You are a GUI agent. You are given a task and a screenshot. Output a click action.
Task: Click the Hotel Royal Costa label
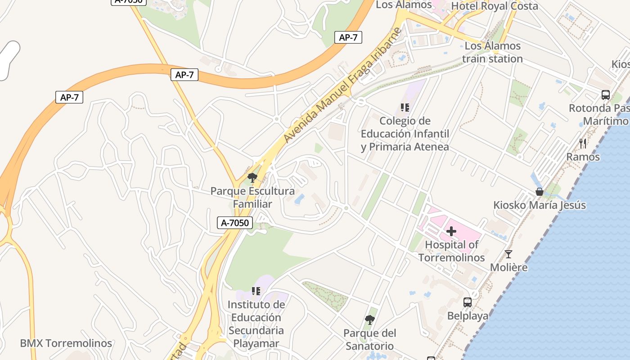click(494, 6)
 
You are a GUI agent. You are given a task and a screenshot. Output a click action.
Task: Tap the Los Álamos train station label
click(492, 52)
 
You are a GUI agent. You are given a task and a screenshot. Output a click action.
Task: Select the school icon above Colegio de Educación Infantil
click(405, 108)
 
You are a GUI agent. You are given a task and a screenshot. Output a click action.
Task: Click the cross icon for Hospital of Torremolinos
click(451, 232)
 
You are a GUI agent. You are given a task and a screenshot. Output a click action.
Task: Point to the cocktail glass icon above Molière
click(508, 254)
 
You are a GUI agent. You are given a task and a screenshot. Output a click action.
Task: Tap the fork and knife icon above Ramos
click(583, 144)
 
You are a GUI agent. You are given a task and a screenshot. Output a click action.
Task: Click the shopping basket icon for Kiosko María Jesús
click(539, 192)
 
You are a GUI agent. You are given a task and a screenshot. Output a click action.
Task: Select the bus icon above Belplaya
click(468, 302)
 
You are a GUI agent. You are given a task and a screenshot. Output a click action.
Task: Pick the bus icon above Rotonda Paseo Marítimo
click(606, 95)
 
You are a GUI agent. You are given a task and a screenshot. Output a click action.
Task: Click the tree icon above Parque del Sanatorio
click(369, 320)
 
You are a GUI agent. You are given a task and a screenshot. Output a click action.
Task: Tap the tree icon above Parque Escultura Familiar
click(252, 178)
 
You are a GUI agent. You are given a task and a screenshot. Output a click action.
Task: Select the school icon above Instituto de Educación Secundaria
click(256, 291)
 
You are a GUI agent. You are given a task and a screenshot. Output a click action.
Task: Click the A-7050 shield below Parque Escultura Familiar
click(235, 222)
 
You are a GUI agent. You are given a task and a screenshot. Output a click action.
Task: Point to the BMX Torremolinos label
click(66, 343)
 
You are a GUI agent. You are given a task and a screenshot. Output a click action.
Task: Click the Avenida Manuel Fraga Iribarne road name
click(343, 85)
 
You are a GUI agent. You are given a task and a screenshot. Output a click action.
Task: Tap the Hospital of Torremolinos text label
click(451, 251)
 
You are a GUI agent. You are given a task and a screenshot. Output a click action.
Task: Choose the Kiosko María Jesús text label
click(540, 205)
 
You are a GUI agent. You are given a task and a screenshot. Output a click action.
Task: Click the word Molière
click(508, 267)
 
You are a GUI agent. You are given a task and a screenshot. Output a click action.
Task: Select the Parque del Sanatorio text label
click(369, 340)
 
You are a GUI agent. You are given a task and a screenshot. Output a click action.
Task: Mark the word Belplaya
click(468, 316)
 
